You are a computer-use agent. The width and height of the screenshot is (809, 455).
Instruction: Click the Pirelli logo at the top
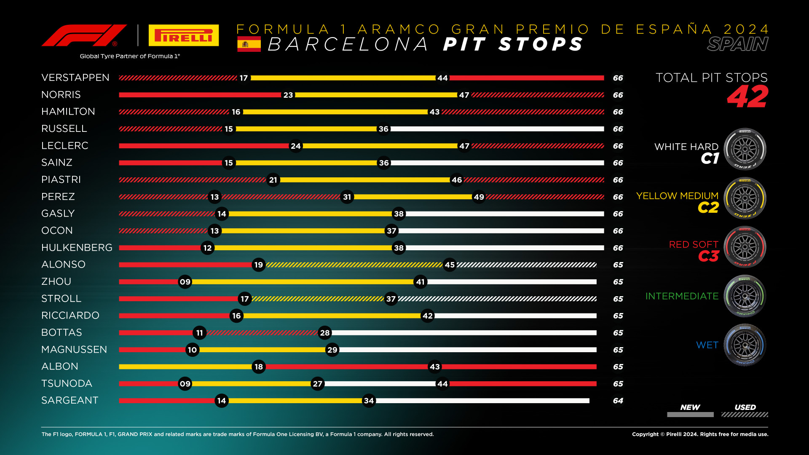(184, 35)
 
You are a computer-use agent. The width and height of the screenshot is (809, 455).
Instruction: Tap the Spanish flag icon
(249, 44)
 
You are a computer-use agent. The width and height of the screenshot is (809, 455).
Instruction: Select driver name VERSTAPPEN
(75, 78)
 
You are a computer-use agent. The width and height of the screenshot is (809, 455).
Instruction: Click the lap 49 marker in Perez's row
(479, 197)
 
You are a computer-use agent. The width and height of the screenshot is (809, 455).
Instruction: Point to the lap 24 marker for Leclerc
(296, 146)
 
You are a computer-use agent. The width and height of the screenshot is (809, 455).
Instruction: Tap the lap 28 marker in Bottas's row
(325, 333)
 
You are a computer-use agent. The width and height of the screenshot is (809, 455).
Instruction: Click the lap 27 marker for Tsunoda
(317, 384)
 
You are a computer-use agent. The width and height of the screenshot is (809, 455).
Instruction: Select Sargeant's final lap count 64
(618, 401)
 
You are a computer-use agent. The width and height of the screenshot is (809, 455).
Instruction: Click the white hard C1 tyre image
(745, 149)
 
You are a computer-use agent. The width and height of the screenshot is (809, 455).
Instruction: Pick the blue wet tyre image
(745, 345)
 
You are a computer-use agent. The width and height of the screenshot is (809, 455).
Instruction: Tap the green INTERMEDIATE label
(682, 296)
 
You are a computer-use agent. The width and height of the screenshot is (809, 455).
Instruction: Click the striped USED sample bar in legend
(745, 415)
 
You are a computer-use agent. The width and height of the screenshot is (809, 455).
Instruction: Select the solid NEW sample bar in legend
(690, 415)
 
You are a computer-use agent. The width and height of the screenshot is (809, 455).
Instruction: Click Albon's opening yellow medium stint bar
(185, 367)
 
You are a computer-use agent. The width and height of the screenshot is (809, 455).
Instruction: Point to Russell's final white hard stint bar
(497, 129)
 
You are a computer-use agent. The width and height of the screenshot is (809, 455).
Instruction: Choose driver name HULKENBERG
(77, 248)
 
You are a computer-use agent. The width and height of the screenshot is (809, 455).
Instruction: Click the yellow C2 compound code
(708, 208)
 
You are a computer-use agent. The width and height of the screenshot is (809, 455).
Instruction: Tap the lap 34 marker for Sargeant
(369, 401)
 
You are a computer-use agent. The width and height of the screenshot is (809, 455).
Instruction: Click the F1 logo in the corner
(84, 36)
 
